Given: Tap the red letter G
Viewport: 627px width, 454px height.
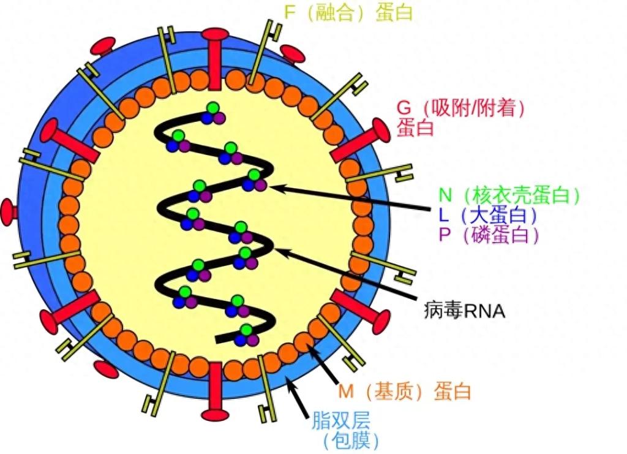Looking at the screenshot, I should [x=404, y=108].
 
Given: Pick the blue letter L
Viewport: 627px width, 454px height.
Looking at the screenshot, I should [x=445, y=215].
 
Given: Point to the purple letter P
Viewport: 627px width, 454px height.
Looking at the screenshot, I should [x=445, y=235].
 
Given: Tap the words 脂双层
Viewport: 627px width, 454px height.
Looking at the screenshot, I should [x=340, y=420].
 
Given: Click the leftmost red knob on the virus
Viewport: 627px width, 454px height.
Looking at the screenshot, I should [x=9, y=211].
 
